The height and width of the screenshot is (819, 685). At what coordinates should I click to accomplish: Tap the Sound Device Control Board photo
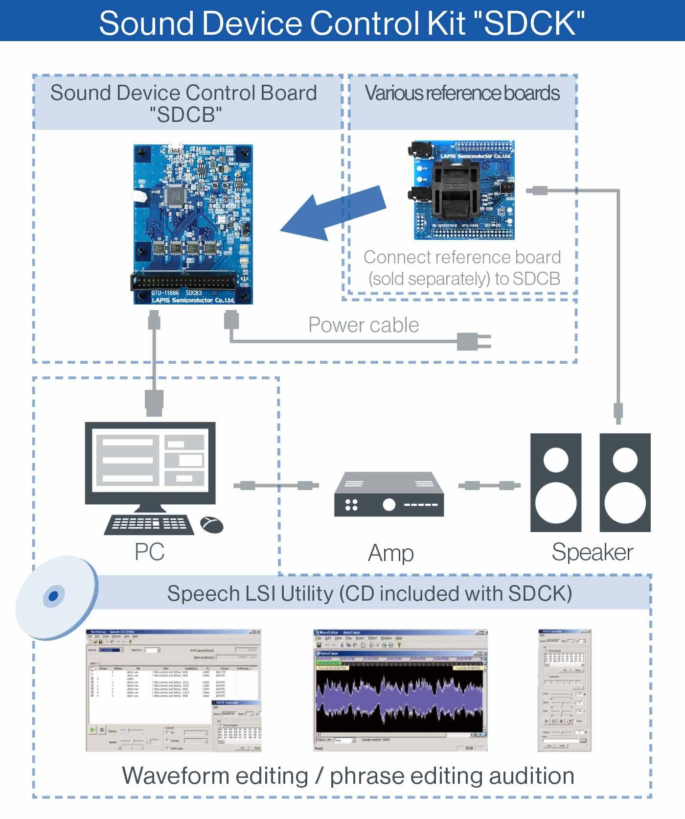coord(193,224)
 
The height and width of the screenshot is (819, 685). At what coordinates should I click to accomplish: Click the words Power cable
coord(364,325)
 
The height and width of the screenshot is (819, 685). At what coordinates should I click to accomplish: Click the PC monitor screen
coord(150,463)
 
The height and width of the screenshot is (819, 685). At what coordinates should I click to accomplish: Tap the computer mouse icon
coord(212,525)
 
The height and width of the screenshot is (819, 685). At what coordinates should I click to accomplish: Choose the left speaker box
coord(556,482)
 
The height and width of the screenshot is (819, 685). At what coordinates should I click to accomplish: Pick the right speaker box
coord(625,482)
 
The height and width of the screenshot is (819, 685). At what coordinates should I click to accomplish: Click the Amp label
coord(390,553)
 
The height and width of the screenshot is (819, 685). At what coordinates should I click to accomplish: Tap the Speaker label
coord(592,552)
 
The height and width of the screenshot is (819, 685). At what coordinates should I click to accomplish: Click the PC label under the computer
coord(149,552)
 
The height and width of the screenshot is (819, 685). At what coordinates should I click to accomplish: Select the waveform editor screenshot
coord(400,690)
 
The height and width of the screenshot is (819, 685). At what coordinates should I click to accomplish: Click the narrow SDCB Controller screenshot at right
coord(564,690)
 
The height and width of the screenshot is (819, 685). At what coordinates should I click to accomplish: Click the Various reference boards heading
coord(462,93)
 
